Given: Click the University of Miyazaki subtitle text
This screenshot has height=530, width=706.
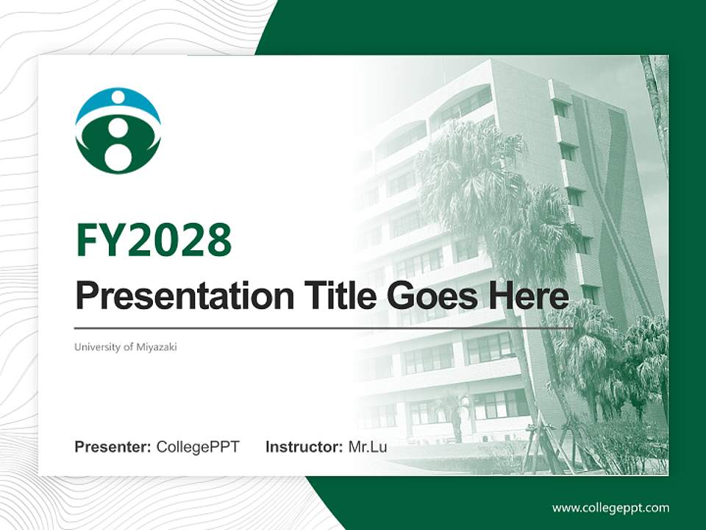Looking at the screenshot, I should pos(126,347).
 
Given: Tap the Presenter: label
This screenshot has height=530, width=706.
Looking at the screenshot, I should pos(113,447).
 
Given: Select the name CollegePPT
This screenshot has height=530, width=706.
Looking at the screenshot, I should pos(198,447).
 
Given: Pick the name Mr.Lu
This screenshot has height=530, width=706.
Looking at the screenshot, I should pos(368,447).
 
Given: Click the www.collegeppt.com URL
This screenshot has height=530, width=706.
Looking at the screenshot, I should pos(610,507).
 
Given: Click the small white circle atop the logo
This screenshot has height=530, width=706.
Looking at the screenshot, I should pos(118,96).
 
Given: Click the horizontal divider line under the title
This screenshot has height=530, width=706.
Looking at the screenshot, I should pos(324,328).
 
